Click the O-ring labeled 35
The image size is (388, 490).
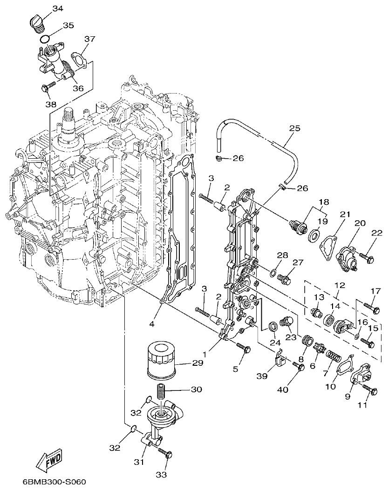[45, 39]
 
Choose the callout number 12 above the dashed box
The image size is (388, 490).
[339, 284]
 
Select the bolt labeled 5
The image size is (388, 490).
[244, 347]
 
